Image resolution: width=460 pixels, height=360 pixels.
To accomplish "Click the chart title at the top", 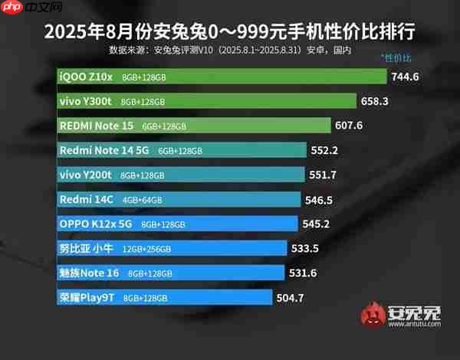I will [x=230, y=31].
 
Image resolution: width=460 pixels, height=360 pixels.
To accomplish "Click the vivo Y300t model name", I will [x=87, y=100].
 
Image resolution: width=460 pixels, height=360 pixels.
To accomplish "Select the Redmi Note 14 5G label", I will [x=105, y=150].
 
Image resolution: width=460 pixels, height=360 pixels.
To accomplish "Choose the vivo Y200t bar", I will [x=181, y=175].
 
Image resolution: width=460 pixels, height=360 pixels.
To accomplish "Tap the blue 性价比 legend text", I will [x=396, y=58].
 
